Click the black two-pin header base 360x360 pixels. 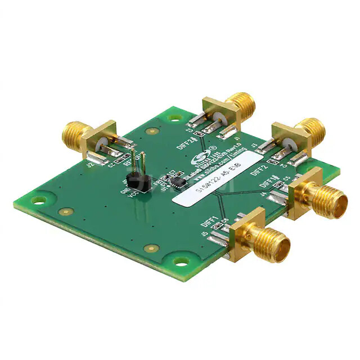click(x=136, y=181)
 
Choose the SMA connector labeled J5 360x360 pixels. click(x=258, y=237)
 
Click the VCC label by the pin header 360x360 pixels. click(x=134, y=195)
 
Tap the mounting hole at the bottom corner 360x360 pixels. click(x=181, y=261)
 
